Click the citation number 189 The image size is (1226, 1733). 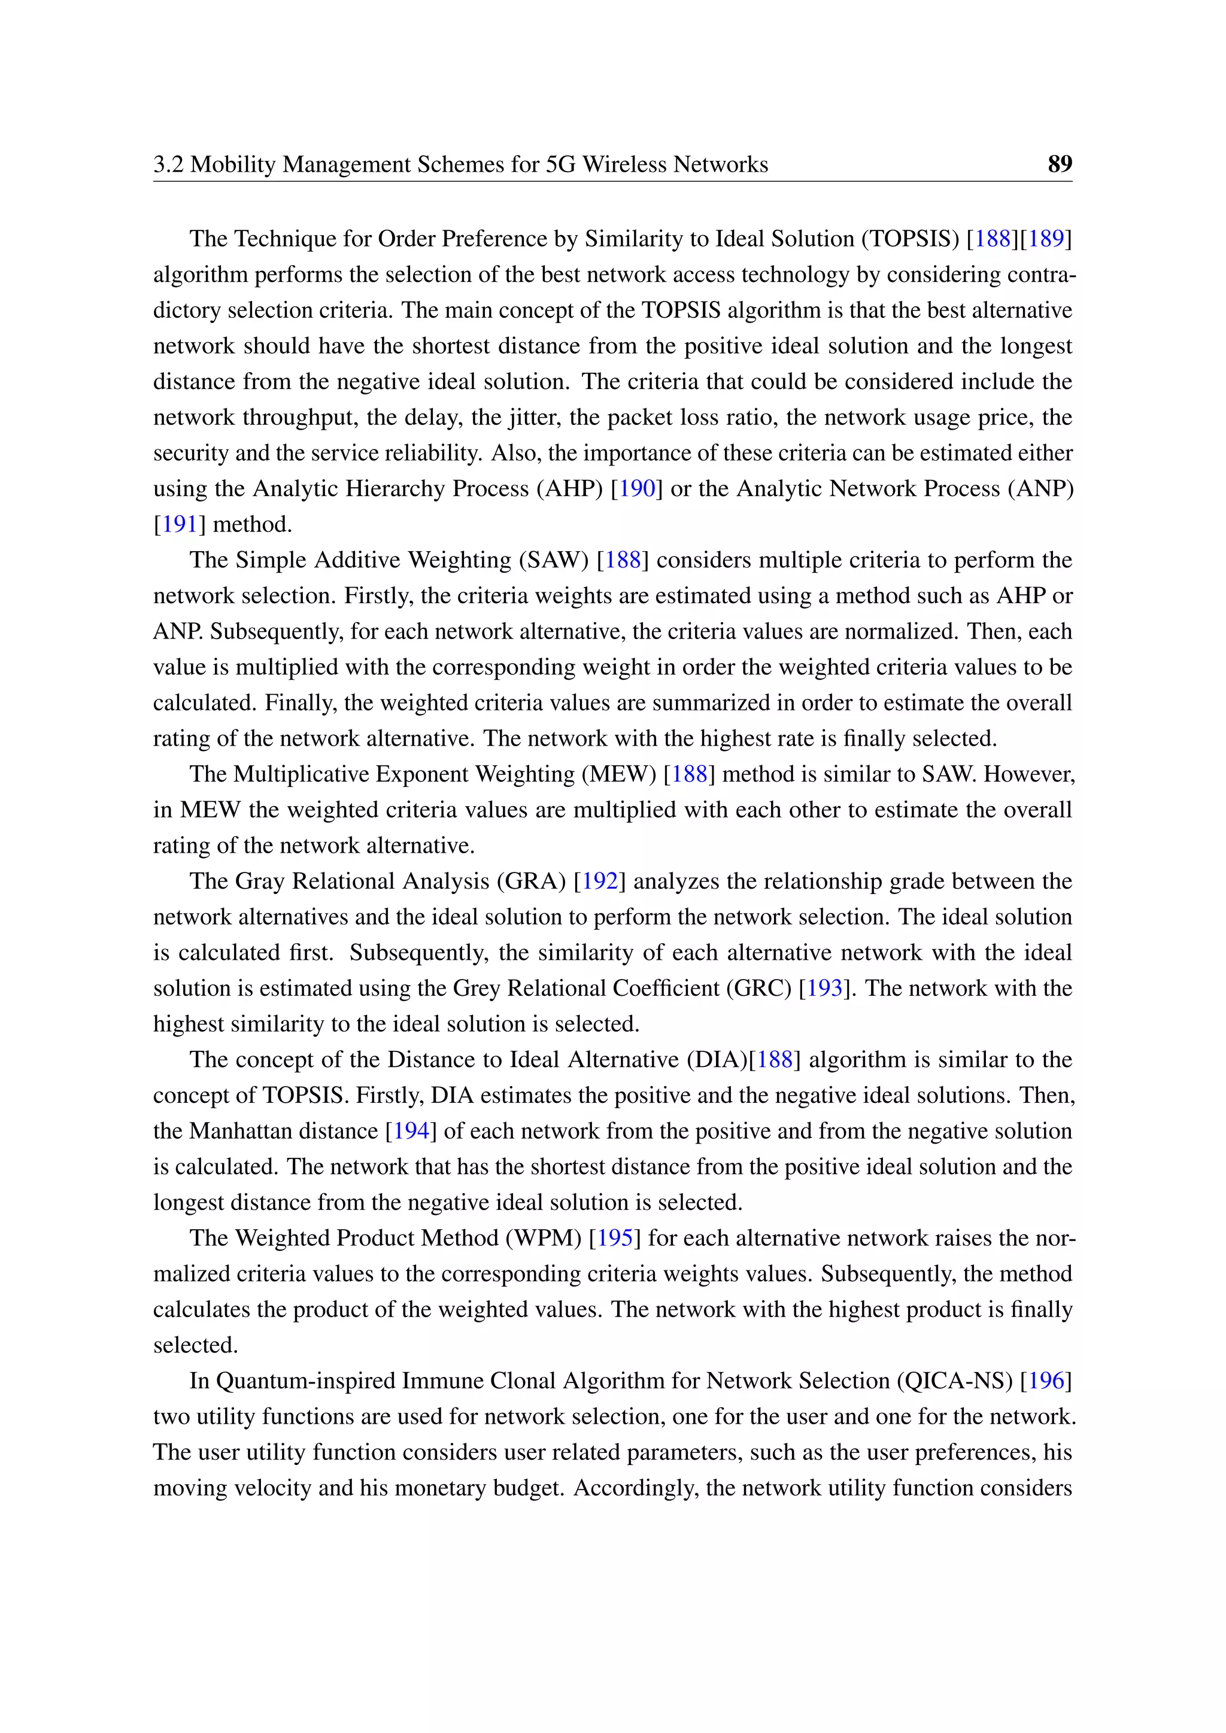(x=1046, y=239)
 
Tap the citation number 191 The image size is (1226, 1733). (x=180, y=524)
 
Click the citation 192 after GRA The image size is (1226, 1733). (x=600, y=881)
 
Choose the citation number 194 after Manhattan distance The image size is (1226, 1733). (x=411, y=1130)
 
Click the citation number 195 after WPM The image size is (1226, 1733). (x=615, y=1238)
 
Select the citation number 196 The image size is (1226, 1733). (x=1046, y=1381)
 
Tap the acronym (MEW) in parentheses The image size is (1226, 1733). (x=618, y=774)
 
